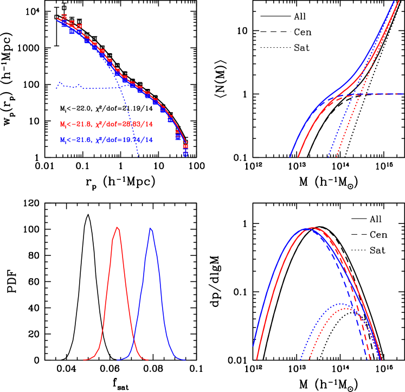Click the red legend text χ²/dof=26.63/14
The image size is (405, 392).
[x=124, y=124]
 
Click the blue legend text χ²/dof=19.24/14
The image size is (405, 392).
[x=124, y=140]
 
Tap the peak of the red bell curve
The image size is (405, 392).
[x=117, y=227]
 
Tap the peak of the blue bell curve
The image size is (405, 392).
[x=151, y=229]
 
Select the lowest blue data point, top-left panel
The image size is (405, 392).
[x=185, y=154]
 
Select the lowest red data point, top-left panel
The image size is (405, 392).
[x=185, y=145]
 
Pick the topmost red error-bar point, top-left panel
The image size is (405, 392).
[x=64, y=17]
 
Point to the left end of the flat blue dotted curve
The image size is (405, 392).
[x=57, y=86]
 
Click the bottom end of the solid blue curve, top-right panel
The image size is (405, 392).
[x=290, y=157]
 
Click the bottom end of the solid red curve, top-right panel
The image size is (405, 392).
[x=299, y=157]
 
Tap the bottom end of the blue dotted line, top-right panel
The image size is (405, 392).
[x=328, y=158]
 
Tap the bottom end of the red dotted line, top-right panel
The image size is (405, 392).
[x=336, y=158]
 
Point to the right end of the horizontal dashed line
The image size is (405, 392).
[x=402, y=94]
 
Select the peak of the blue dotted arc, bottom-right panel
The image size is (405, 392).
[x=342, y=304]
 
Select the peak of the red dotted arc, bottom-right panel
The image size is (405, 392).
[x=345, y=309]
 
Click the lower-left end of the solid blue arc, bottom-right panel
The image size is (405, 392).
[x=253, y=346]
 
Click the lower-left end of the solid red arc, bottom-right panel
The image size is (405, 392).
[x=257, y=359]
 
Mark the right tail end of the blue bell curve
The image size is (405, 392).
[x=186, y=359]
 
